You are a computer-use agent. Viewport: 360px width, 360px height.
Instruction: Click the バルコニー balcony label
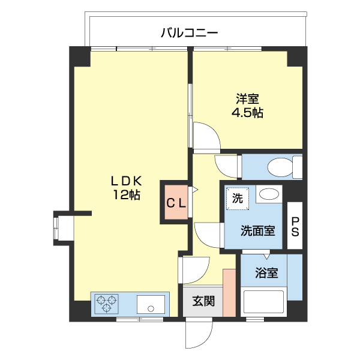(x=189, y=32)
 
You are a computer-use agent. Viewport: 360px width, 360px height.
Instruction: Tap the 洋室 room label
(x=248, y=98)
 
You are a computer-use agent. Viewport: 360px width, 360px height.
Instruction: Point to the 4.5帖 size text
(x=248, y=112)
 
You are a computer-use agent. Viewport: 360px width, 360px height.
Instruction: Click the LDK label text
(x=126, y=180)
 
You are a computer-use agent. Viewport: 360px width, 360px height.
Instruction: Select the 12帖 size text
(x=126, y=194)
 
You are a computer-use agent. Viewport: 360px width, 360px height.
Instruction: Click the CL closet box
(x=176, y=202)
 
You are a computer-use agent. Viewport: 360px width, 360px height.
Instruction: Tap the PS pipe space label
(x=295, y=226)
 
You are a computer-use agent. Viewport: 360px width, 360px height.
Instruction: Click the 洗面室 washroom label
(x=258, y=230)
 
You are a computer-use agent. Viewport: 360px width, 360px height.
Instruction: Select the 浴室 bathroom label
(x=266, y=273)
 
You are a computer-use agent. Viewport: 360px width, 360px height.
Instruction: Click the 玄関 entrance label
(x=203, y=302)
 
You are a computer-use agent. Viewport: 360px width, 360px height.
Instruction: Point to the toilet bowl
(x=278, y=166)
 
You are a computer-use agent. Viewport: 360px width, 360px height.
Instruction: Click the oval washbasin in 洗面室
(x=269, y=194)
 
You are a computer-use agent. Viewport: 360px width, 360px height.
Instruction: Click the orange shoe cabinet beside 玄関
(x=229, y=293)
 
